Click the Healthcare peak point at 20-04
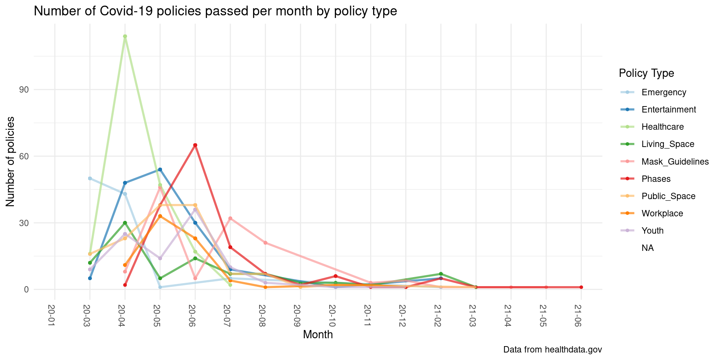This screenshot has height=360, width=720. [125, 36]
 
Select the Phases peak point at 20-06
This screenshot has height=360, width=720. [195, 145]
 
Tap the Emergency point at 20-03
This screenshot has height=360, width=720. [90, 178]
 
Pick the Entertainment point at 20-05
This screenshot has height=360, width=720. [160, 169]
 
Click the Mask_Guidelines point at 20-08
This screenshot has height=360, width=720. [265, 243]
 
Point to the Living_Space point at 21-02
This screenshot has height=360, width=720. [441, 274]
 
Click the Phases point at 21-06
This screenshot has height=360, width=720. [581, 287]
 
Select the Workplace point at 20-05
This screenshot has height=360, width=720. [160, 216]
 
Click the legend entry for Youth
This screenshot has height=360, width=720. [652, 231]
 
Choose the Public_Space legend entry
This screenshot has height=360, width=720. [668, 196]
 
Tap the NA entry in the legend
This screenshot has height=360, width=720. [648, 248]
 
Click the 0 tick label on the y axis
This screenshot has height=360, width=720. [27, 289]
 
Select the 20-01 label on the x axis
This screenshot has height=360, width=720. [51, 315]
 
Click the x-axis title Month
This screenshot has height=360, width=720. [318, 334]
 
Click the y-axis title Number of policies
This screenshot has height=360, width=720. [10, 161]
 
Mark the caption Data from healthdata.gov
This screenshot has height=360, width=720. [552, 349]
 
